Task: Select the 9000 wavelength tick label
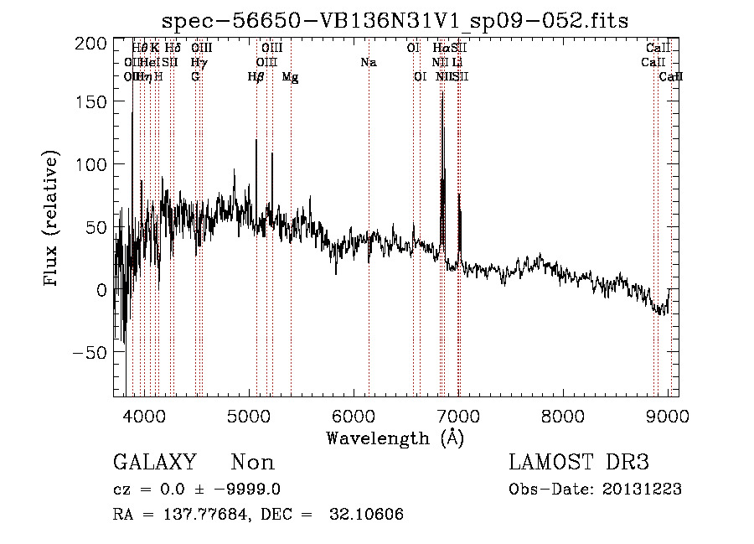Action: coord(668,416)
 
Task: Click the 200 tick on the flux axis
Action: coord(96,44)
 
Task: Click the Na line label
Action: coord(368,62)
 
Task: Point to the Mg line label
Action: coord(290,77)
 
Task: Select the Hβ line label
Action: coord(256,77)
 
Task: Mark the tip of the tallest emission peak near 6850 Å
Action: coord(442,93)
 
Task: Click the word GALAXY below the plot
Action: coord(154,463)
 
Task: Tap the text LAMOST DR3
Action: coord(578,463)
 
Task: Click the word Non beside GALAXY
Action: coord(252,463)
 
